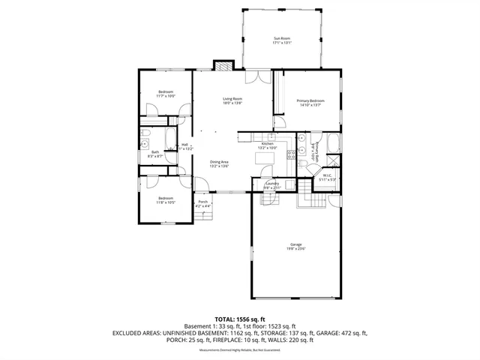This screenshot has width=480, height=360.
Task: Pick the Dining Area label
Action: click(x=219, y=162)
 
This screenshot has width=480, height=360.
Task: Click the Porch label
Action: click(x=202, y=202)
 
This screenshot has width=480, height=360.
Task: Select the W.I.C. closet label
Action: click(x=327, y=176)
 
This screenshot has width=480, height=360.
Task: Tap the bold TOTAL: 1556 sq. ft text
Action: click(x=240, y=319)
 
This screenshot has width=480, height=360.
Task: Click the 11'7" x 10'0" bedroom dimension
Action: click(x=166, y=96)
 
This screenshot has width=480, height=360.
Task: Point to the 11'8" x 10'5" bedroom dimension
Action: click(x=166, y=202)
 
